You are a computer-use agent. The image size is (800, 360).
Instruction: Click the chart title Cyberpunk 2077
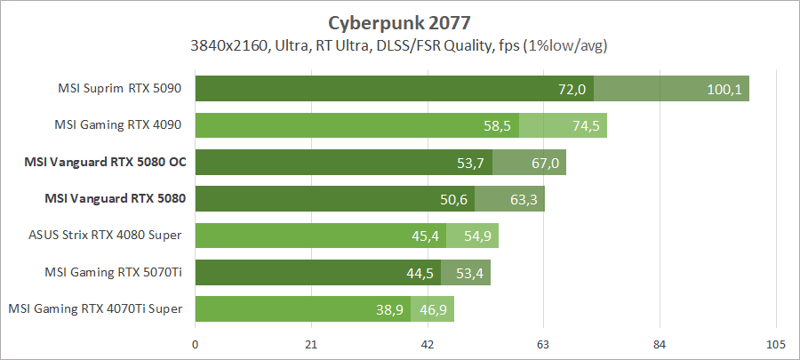(x=399, y=22)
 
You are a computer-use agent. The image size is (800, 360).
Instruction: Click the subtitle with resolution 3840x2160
(x=399, y=44)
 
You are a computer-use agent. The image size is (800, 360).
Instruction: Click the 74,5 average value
(x=586, y=126)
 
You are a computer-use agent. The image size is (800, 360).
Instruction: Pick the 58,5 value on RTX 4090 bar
(x=497, y=126)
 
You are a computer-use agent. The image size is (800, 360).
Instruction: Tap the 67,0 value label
(x=544, y=163)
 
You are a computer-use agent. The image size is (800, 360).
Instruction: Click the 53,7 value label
(x=470, y=163)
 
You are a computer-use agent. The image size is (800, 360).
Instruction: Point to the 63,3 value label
(x=523, y=199)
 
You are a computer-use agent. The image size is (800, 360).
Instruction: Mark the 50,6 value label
(x=452, y=199)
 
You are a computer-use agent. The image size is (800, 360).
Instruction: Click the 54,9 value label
(x=476, y=236)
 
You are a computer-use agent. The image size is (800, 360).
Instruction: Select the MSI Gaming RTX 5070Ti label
(x=114, y=271)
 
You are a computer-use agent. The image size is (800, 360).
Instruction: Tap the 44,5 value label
(x=420, y=272)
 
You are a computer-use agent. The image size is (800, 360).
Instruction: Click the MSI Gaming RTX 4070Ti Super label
(x=96, y=308)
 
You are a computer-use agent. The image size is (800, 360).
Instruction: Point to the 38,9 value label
(x=388, y=309)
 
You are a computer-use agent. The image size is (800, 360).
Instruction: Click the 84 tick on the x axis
(x=660, y=345)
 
